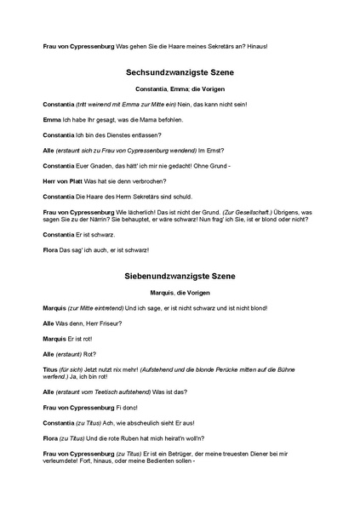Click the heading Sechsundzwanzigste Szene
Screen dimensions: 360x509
179,73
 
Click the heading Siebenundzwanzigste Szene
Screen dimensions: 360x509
179,277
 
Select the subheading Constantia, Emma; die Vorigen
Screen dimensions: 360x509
179,89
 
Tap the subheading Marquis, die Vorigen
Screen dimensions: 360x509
179,293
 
